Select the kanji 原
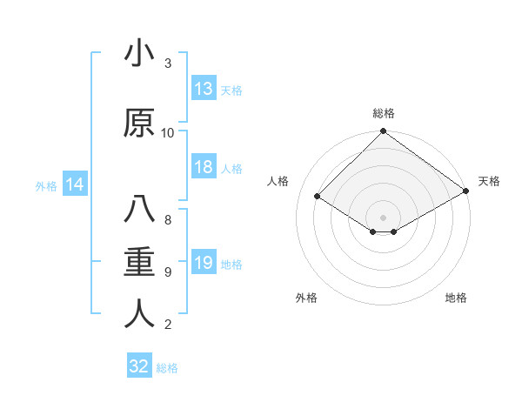[x=139, y=123]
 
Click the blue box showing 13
[x=204, y=89]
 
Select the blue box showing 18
[x=204, y=168]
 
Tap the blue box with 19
[x=204, y=264]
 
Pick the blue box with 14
[x=74, y=184]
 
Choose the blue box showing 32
[x=139, y=366]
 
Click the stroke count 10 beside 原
[x=168, y=132]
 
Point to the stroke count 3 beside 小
[x=168, y=64]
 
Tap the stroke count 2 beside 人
[x=168, y=325]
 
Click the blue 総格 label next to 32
[x=167, y=367]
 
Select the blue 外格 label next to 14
[x=46, y=185]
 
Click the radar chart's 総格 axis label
[x=383, y=113]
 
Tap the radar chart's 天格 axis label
[x=489, y=181]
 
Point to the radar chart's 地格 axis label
[x=456, y=298]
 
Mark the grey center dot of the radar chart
[x=383, y=216]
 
